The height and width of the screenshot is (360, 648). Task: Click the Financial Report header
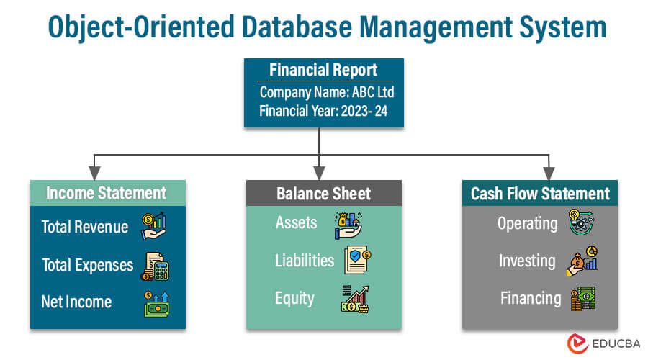click(323, 70)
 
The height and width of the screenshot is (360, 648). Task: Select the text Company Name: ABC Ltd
click(326, 92)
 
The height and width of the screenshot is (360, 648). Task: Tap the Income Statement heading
click(106, 193)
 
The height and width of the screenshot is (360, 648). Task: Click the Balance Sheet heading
click(323, 193)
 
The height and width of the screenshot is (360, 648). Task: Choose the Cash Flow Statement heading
click(540, 193)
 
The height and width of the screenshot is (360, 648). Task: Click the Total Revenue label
click(84, 227)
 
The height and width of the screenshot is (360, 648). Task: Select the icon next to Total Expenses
click(156, 265)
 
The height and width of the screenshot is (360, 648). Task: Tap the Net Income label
click(76, 301)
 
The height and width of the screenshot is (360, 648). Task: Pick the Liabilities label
click(305, 260)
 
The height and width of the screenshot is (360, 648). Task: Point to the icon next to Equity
click(356, 298)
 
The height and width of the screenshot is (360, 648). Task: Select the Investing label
click(527, 261)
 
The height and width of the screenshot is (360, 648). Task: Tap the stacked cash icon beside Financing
click(582, 297)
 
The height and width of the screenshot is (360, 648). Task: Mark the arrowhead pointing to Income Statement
click(94, 174)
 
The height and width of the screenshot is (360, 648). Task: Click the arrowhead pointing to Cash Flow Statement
click(549, 174)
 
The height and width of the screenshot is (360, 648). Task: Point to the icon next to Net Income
click(156, 302)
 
